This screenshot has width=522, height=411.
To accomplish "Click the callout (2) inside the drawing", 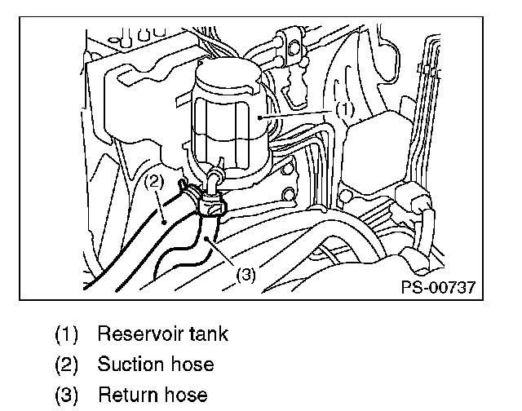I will [155, 183].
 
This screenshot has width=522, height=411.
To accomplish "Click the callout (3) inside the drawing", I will [246, 275].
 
